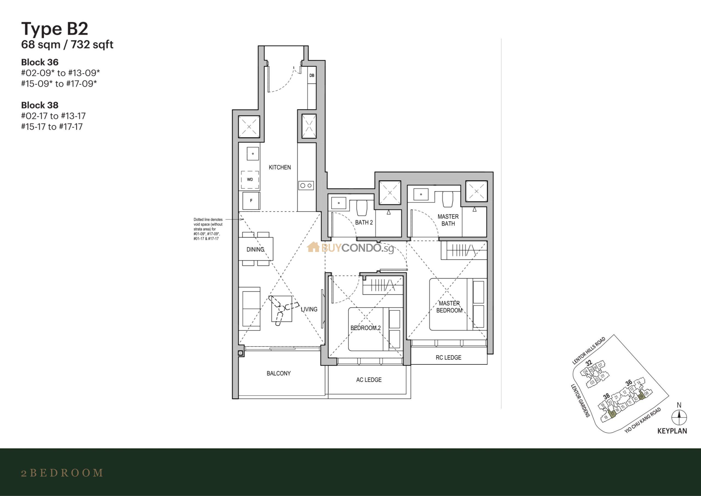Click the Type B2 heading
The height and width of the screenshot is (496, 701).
pos(55,29)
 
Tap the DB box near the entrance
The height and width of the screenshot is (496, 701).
pos(312,75)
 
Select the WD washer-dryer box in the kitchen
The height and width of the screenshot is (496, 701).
pos(250,180)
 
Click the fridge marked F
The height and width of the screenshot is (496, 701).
pos(251,201)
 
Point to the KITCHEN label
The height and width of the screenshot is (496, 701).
pos(280,167)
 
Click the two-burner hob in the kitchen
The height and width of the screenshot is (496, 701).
pos(306,185)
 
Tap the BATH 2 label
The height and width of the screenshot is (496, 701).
pos(364,223)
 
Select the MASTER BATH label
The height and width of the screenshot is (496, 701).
pos(448,220)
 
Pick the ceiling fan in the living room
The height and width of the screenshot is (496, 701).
pos(282,308)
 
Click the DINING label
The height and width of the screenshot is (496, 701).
pos(255,250)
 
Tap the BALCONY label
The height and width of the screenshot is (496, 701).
pos(278,373)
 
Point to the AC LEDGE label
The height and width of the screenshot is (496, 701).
pos(369,380)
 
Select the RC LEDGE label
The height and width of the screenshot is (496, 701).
pos(448,357)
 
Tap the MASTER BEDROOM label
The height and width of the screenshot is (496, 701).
pos(449,307)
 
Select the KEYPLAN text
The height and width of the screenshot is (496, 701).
pos(672,431)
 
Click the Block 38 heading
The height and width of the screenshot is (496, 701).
pos(40,105)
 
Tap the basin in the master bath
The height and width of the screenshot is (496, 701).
pos(421,194)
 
